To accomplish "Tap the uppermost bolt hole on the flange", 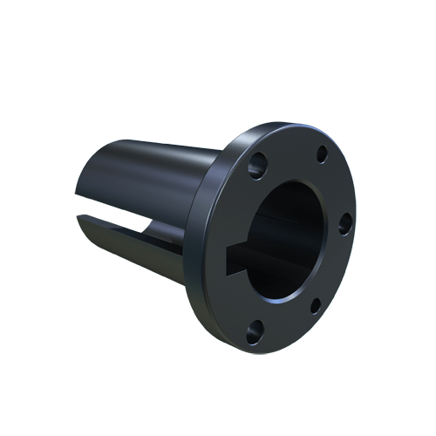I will pos(321,154).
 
